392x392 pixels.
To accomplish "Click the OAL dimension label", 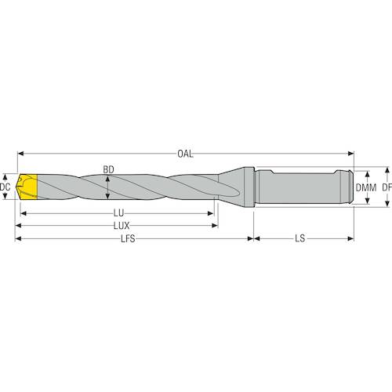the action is [185, 154].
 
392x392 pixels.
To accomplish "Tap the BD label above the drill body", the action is [108, 169].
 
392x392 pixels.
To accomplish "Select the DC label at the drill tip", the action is [5, 187].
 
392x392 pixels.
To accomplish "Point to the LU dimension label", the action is [118, 213].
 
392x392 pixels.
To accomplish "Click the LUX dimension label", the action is [122, 226].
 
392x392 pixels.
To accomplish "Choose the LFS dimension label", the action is [128, 238].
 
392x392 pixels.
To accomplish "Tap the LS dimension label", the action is [300, 238].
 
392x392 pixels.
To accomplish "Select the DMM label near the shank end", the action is [366, 187].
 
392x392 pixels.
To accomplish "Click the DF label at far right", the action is [387, 187].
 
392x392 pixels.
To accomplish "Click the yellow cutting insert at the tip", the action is [27, 187].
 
